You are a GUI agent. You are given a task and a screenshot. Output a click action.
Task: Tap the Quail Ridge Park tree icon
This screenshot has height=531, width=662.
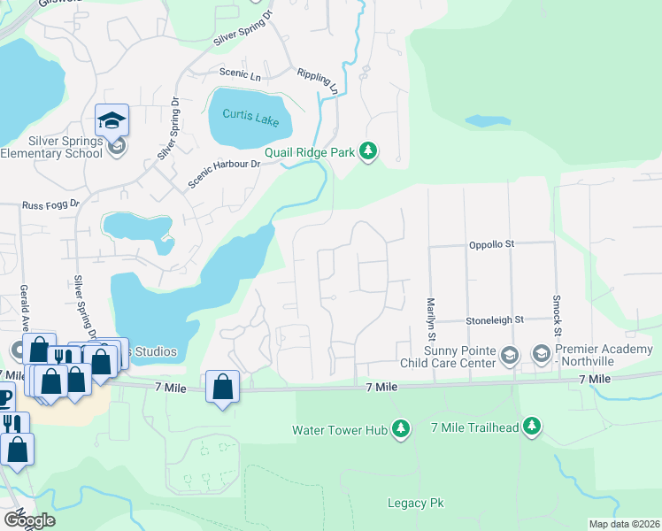click(368, 152)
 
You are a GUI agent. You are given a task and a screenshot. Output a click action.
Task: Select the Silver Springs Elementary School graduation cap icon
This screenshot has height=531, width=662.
click(112, 120)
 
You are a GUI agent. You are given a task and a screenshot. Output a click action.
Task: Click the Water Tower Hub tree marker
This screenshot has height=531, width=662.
click(401, 429)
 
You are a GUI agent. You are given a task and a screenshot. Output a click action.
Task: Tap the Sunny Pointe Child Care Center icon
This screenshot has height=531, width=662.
click(509, 356)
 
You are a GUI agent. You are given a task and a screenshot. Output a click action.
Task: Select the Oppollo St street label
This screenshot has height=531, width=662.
click(491, 243)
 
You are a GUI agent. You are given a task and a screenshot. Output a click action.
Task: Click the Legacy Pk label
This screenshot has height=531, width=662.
click(415, 503)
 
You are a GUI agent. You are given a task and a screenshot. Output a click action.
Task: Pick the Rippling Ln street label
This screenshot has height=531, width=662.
click(318, 81)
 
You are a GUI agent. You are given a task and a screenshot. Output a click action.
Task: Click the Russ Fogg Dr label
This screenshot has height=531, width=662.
click(50, 204)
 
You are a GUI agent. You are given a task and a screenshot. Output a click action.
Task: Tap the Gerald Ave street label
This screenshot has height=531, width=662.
click(24, 305)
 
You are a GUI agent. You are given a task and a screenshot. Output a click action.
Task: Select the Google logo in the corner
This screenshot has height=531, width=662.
click(28, 520)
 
